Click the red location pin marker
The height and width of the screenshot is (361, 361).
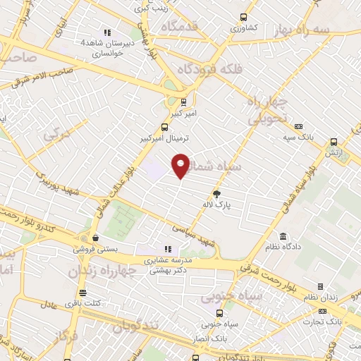(181, 166)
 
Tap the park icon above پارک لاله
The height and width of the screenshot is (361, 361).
(217, 194)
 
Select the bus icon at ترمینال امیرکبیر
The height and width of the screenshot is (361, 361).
(164, 128)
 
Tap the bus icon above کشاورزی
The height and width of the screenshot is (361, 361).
(243, 18)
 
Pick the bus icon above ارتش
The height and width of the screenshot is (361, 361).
(334, 141)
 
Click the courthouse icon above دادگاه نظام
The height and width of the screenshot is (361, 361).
(283, 235)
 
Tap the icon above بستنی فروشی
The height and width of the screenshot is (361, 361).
(95, 238)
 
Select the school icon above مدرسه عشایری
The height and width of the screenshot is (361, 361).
(168, 249)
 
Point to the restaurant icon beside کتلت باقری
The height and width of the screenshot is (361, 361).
(83, 293)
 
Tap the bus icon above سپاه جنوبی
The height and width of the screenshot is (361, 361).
(220, 313)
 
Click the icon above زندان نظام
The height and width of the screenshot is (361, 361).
(321, 286)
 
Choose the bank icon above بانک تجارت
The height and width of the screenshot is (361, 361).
(324, 310)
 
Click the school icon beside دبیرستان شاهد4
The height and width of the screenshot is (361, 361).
(107, 32)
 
